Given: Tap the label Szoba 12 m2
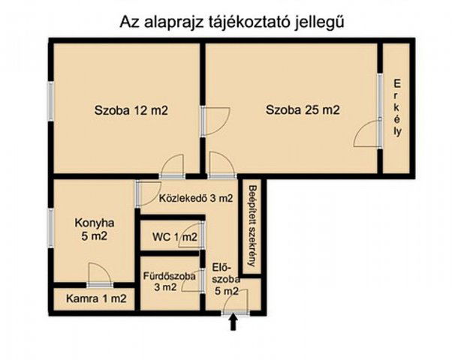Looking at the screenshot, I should [131, 110].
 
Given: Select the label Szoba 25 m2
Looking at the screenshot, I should [303, 110].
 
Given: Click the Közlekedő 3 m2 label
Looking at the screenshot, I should [196, 199].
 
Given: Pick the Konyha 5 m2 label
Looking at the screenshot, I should [95, 229].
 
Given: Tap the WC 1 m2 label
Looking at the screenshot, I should [174, 238].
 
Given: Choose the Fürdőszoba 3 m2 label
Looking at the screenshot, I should [170, 281].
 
